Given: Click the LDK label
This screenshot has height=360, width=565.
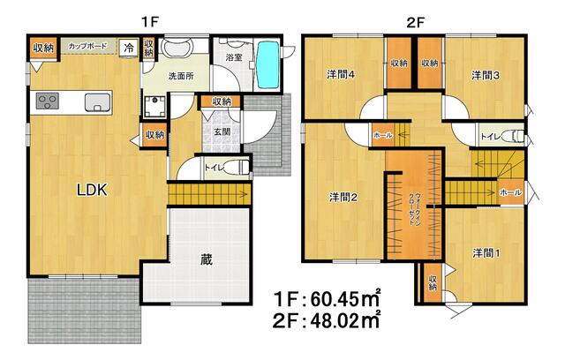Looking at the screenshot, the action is tap(92, 190).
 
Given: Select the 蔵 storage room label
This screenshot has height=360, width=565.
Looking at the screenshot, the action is tap(207, 259).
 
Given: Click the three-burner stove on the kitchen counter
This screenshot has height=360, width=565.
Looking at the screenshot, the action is tap(47, 101).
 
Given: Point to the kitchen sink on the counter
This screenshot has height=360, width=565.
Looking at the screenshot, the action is tap(97, 102).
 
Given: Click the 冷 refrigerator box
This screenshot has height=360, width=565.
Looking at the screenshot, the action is tap(128, 48).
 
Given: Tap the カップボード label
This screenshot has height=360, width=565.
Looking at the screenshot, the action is tap(87, 47).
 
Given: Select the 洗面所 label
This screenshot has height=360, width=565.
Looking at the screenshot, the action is tap(181, 76).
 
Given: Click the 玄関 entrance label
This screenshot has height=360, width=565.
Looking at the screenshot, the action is tap(222, 131).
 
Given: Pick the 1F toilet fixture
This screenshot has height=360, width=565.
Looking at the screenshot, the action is tap(239, 168).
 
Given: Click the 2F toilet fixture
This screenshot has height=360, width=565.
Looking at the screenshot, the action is tap(514, 137).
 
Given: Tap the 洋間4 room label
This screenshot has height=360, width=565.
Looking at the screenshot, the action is tap(341, 74).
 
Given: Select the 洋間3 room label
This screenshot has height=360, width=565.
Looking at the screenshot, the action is tap(486, 75).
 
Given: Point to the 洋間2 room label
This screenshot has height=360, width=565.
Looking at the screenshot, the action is tap(343, 198).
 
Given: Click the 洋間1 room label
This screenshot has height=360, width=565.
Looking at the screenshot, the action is tap(486, 253).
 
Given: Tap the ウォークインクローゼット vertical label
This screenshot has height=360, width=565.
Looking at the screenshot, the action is tap(414, 209).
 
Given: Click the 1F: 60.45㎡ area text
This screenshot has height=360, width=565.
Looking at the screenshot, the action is tap(327, 298).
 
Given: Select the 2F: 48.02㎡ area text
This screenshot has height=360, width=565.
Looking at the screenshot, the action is tap(326, 320).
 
